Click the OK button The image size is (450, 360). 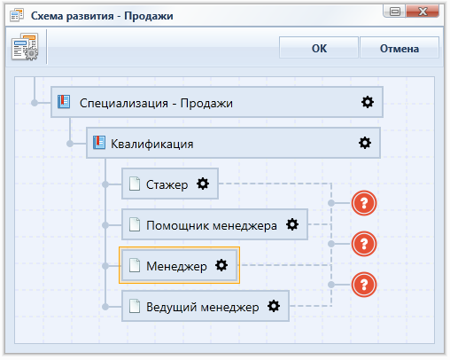click(x=319, y=48)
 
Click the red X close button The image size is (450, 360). click(x=423, y=12)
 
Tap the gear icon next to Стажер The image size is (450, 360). click(x=203, y=184)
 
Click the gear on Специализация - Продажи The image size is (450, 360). click(x=368, y=102)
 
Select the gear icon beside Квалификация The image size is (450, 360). click(x=365, y=143)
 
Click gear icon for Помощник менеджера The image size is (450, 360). click(x=292, y=224)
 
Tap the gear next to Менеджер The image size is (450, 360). click(x=221, y=265)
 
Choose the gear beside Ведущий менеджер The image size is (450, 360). click(x=274, y=306)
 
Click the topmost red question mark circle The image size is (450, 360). click(x=364, y=203)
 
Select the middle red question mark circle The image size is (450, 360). click(x=364, y=244)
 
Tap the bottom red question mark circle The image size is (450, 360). click(x=364, y=285)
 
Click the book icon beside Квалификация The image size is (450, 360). click(x=99, y=143)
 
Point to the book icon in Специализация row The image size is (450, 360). click(x=64, y=102)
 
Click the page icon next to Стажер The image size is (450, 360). click(x=135, y=184)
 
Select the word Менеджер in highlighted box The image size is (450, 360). click(x=176, y=266)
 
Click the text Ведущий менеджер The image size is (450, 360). click(x=203, y=307)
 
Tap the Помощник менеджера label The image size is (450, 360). click(x=212, y=225)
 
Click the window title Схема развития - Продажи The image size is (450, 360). click(x=102, y=16)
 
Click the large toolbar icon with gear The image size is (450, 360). click(x=25, y=47)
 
